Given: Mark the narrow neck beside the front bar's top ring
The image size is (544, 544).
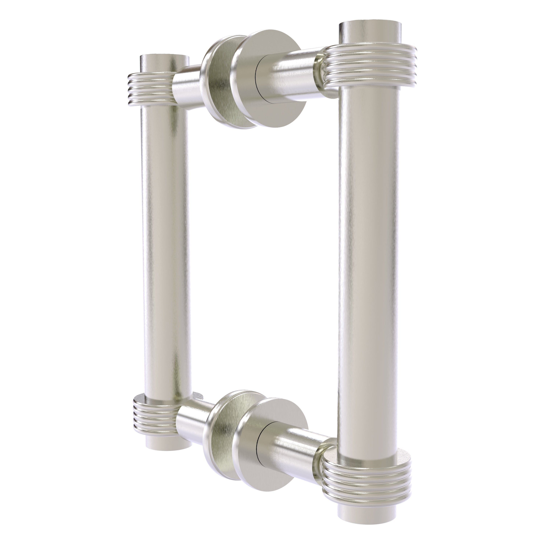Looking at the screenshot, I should tap(321, 70).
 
